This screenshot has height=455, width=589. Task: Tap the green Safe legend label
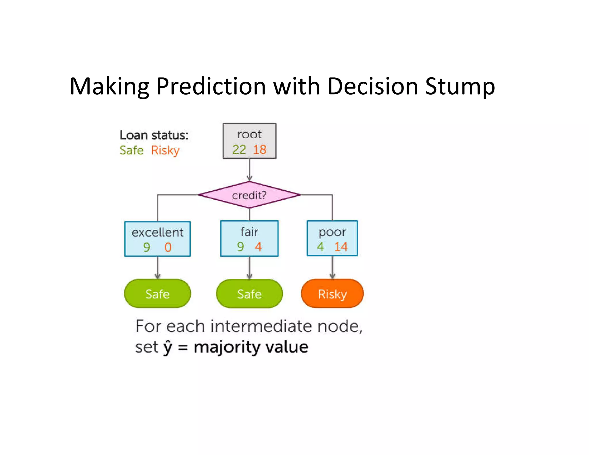coord(131,150)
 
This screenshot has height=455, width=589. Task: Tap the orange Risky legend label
coord(165,150)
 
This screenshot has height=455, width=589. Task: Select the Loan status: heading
coord(154,135)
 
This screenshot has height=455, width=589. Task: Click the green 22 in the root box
coord(239,150)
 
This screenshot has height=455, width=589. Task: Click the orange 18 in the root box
coord(260,150)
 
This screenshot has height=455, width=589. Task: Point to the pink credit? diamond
coord(249,195)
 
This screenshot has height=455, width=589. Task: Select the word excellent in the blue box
coord(157,232)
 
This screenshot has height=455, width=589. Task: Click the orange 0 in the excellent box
coord(168,247)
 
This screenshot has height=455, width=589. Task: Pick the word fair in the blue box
coord(249,232)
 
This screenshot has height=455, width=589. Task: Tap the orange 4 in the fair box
coord(258,246)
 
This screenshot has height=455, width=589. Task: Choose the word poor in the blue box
coord(332,232)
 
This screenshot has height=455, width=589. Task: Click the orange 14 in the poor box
coord(341,246)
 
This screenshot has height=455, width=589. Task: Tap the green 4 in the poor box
coord(320,246)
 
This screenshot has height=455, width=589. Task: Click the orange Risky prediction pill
coord(332,294)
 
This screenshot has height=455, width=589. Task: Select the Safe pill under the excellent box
coord(157,294)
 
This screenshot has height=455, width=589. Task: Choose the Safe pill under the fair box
coord(249,294)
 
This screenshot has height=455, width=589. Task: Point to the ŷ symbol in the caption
coord(168,347)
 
